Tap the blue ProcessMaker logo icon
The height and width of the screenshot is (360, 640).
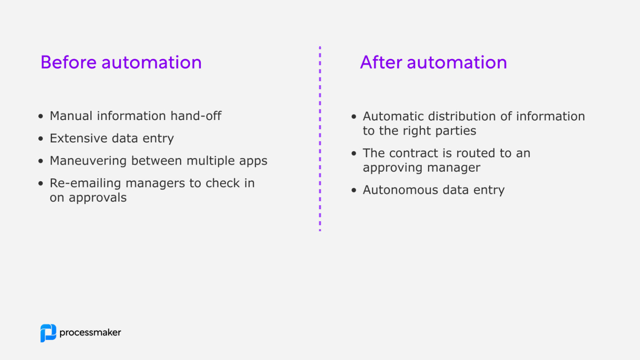point(48,333)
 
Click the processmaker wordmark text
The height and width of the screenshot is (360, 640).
point(90,332)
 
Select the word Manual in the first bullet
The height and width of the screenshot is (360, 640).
point(71,116)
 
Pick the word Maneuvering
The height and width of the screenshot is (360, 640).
point(88,161)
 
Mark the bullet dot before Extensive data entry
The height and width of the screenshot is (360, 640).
point(40,139)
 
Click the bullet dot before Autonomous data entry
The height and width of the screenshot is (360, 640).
point(354,190)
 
